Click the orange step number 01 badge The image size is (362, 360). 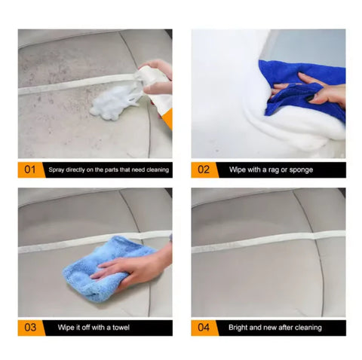pos(30,169)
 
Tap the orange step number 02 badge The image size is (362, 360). pos(204,169)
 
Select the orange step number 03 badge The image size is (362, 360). pos(30,328)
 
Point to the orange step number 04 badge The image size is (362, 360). pos(204,328)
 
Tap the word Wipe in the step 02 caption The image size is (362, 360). pos(239,170)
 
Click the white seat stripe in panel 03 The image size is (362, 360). pos(60,246)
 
